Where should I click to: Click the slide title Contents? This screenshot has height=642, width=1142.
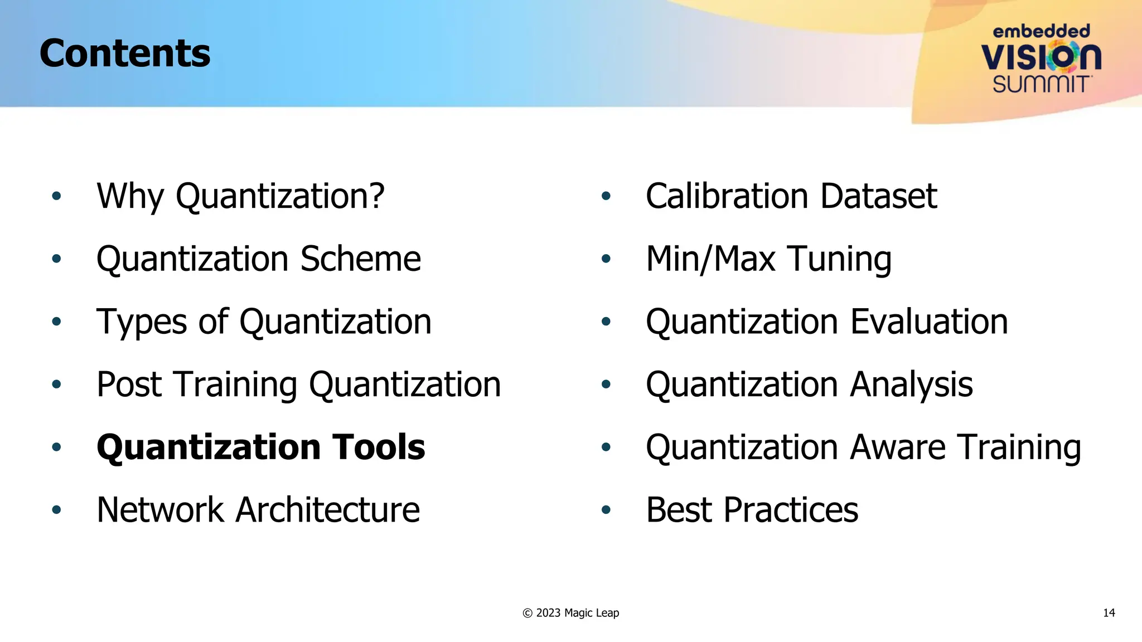[x=125, y=53]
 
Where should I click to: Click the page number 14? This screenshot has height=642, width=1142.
[x=1109, y=613]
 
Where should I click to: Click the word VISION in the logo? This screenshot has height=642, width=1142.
[x=1041, y=56]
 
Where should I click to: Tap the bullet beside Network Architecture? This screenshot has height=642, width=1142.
[x=56, y=510]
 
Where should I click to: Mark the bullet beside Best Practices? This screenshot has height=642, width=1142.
[x=606, y=510]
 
